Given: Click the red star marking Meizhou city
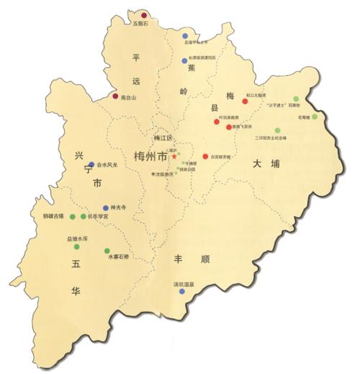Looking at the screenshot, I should [174, 156].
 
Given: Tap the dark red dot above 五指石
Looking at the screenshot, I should [144, 15].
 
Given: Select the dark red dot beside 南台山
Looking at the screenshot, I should [115, 96].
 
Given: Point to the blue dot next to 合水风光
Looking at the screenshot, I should [91, 164].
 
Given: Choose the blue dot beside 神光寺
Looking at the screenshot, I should [106, 207].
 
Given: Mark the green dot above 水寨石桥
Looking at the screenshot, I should [107, 250].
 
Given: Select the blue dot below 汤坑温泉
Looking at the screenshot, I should [181, 291].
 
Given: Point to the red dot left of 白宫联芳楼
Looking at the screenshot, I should [205, 156].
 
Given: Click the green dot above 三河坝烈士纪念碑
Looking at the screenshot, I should [277, 130].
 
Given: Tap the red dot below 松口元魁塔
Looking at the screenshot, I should [245, 102].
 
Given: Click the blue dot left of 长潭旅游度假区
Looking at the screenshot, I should [184, 61].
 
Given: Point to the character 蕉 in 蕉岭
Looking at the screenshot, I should [191, 68].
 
